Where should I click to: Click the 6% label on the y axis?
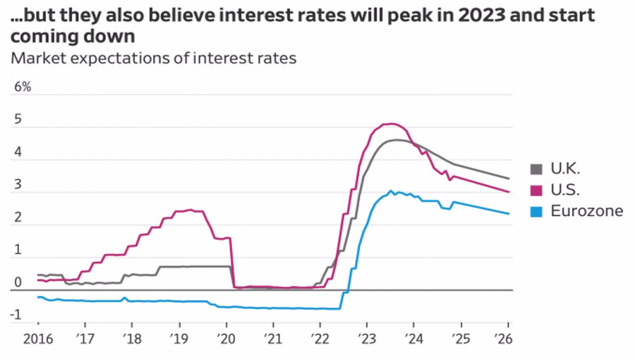coord(23,88)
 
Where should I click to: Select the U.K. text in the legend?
coord(565,169)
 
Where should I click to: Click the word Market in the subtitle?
coord(38,58)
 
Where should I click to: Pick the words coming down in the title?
coord(73,36)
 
